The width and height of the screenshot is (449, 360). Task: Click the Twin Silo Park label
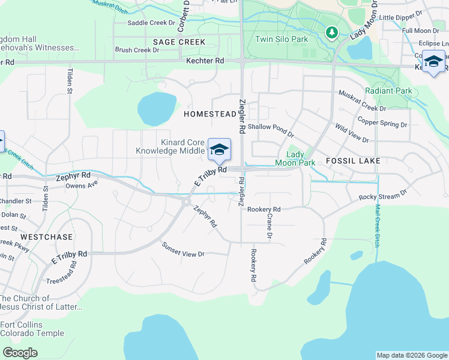point(281,40)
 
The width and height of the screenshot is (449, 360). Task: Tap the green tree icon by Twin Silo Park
point(330,32)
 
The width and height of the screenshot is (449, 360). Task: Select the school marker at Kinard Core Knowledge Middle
point(219,149)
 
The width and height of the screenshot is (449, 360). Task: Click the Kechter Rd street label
point(205,61)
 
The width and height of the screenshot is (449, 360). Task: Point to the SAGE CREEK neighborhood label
point(179,42)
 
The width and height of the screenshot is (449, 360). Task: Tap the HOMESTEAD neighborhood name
point(210,114)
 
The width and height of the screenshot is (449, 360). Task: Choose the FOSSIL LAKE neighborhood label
point(353,161)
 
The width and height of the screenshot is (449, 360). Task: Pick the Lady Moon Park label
point(295,158)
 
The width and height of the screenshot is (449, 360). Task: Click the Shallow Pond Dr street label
point(271,127)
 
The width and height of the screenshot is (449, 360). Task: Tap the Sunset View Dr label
point(183,250)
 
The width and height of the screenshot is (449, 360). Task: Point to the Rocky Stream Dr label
point(383,196)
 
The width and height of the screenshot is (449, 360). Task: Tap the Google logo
point(20,353)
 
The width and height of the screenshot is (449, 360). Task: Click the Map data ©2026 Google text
point(412,355)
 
